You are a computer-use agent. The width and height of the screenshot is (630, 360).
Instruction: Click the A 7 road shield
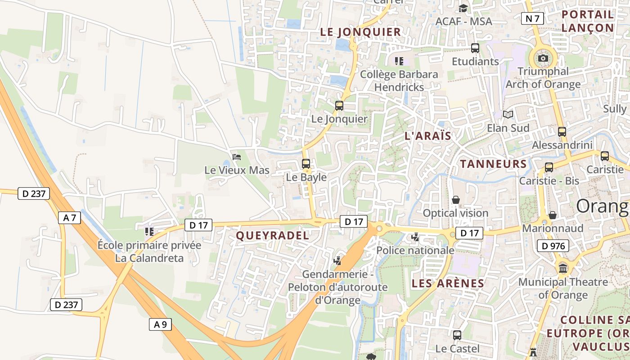69,218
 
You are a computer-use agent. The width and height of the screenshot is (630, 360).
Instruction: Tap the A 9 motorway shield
160,324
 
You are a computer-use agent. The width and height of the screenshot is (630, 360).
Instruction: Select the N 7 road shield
532,18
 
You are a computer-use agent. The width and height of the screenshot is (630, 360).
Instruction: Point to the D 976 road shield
553,246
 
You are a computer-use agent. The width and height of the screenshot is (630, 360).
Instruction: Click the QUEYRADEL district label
273,235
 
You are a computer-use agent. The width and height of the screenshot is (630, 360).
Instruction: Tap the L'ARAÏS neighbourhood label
428,136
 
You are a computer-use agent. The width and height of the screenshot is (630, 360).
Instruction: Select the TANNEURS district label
493,164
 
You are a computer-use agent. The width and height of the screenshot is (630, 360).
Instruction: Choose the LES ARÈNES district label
448,283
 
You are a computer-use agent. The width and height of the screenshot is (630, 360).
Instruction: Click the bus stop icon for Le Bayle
306,164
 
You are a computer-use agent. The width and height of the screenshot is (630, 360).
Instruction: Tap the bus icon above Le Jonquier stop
339,106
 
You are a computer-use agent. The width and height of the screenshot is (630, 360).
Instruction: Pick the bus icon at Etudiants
475,48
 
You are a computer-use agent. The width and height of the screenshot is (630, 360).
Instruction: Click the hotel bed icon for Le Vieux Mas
237,157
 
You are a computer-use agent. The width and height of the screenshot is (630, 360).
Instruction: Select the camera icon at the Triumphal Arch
543,58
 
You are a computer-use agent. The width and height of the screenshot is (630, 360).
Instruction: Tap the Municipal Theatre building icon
563,269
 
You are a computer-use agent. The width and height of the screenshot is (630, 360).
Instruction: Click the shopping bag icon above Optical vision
456,199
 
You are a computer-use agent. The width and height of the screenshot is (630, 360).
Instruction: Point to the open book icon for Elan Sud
508,115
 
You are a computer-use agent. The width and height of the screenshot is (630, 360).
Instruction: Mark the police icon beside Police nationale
415,237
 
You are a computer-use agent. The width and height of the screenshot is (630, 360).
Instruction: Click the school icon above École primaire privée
149,232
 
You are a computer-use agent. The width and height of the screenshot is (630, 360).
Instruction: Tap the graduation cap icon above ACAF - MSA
463,8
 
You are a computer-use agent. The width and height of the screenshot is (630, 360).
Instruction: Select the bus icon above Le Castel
457,335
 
